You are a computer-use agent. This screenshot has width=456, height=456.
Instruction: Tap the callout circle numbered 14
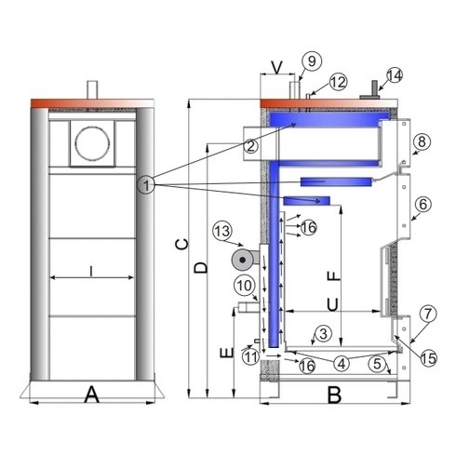(x=395, y=74)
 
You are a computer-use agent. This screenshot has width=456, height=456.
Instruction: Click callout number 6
(x=422, y=203)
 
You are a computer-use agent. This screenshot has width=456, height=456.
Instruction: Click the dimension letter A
(x=91, y=396)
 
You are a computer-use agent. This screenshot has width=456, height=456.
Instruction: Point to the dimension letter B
(x=334, y=396)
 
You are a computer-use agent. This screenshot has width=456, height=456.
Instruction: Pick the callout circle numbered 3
(x=323, y=333)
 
